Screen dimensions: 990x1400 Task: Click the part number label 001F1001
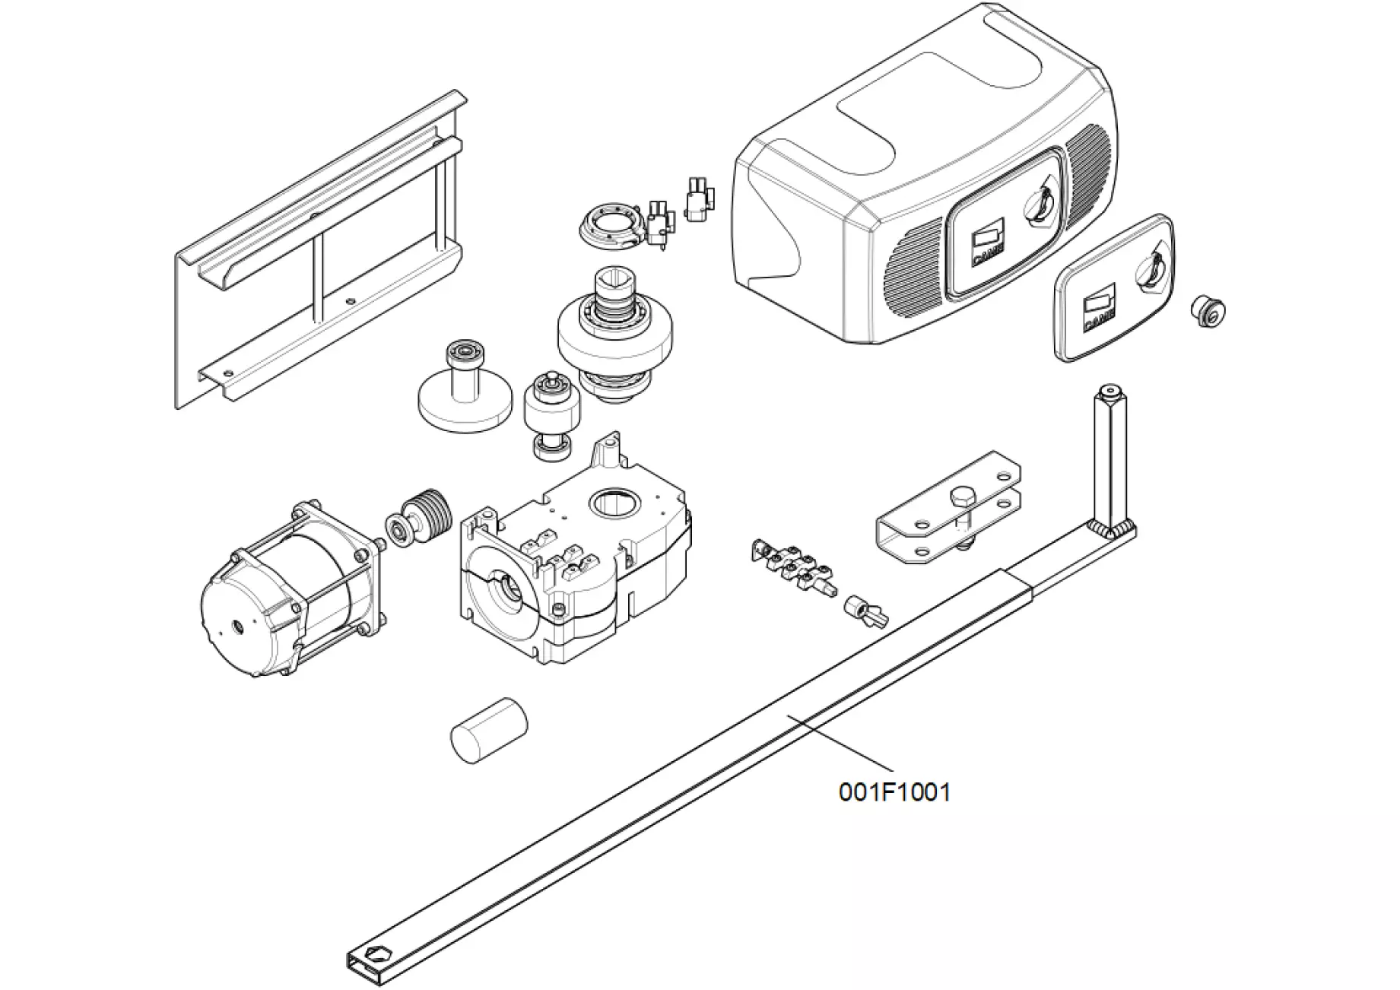tap(894, 792)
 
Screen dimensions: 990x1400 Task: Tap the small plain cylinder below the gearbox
tap(489, 730)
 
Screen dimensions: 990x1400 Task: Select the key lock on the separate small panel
tap(1150, 271)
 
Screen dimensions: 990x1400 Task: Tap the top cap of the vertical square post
tap(1110, 393)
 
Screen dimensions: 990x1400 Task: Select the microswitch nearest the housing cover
tap(698, 199)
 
